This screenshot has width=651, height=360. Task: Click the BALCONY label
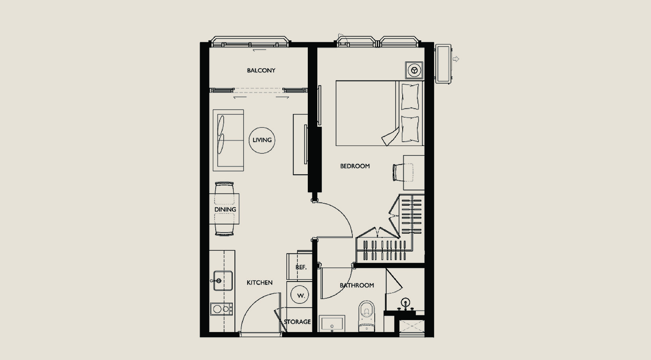pos(261,70)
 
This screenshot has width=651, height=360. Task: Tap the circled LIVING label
pos(262,140)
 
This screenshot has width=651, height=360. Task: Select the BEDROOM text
pos(355,166)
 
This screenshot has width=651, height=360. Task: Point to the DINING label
pos(225,209)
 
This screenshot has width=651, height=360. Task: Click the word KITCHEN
pos(260,282)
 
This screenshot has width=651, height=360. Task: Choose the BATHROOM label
pos(357,285)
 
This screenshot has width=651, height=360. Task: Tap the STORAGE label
pos(297,322)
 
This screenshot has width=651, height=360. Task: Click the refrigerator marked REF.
pos(299,266)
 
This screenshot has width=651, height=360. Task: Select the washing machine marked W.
pos(299,295)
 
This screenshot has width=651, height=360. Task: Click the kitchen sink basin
pos(223,281)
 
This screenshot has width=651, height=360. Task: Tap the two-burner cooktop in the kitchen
pos(222,309)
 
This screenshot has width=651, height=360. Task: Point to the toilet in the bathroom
pos(366,316)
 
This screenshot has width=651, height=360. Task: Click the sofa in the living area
pos(228,140)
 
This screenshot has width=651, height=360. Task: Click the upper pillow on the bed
pos(410,97)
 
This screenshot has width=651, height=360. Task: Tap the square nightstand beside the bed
pos(414,70)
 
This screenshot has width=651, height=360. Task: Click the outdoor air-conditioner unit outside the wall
pos(443,64)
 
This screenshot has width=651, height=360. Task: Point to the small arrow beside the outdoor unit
pos(456,59)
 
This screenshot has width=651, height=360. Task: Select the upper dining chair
pos(224,193)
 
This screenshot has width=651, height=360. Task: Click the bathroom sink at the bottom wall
pos(332,323)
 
